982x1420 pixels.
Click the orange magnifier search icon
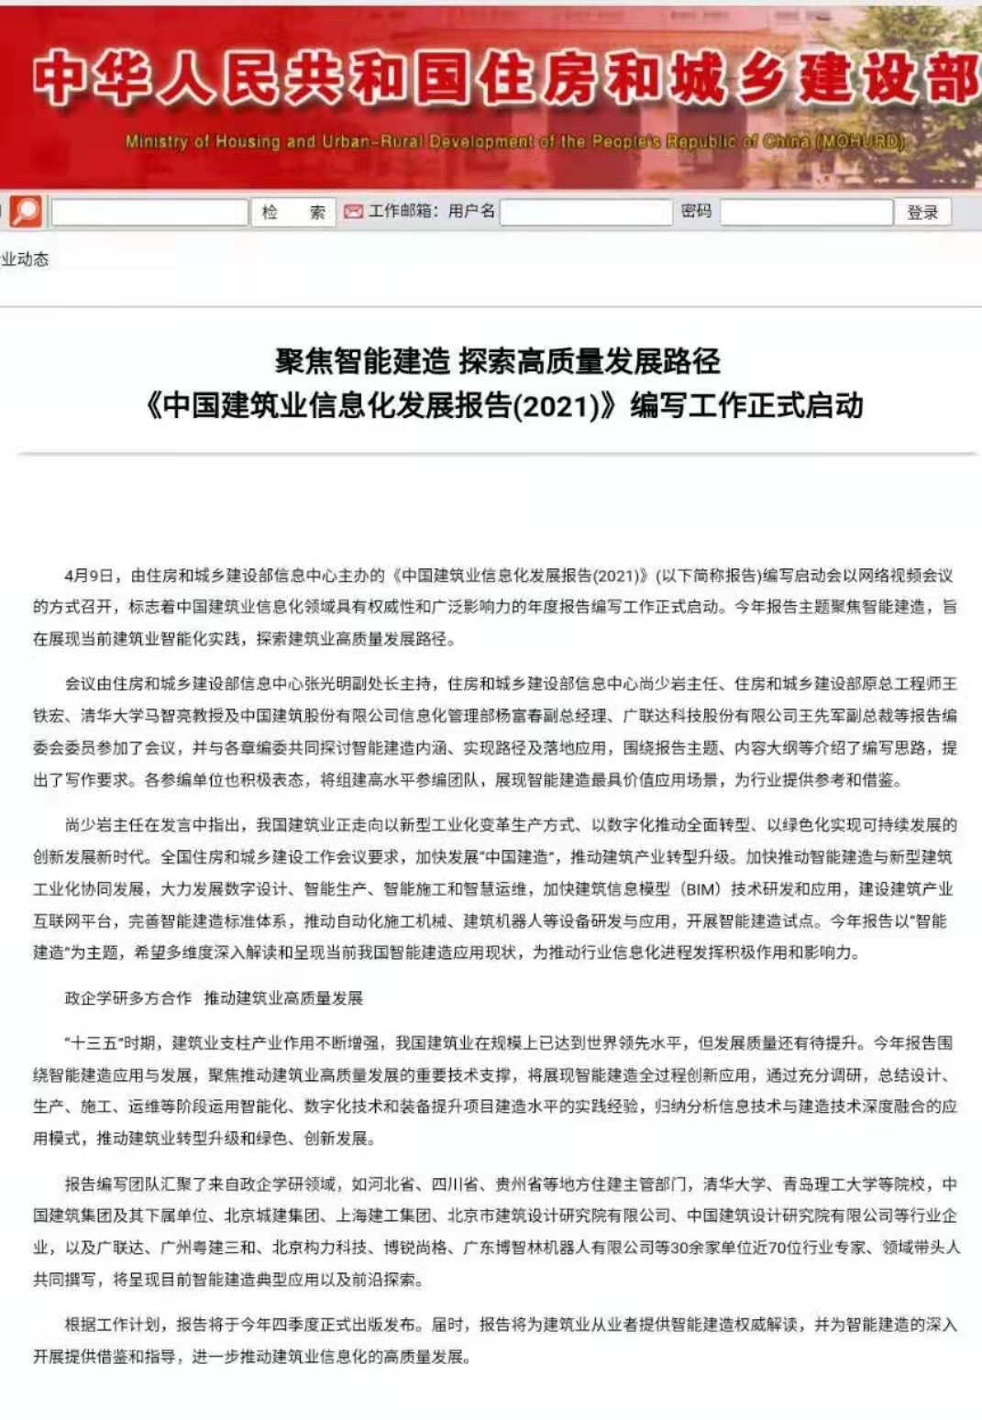coord(27,212)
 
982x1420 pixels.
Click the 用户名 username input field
coord(586,213)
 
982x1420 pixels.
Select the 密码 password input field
coord(806,213)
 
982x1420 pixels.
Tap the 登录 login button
coord(922,213)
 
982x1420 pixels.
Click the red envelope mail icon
coord(353,213)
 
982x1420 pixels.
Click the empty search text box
coord(149,213)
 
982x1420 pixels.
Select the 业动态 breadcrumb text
coord(25,259)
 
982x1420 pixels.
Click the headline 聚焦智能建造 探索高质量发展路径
coord(498,361)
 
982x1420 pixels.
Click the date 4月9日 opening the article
coord(90,576)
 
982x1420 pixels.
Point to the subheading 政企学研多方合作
coord(128,997)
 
